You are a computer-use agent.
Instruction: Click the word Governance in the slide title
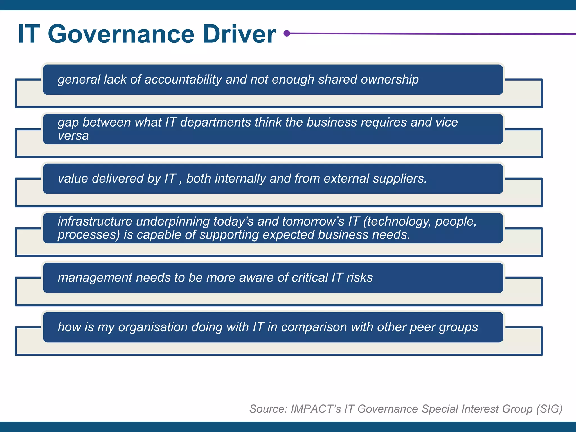tap(121, 34)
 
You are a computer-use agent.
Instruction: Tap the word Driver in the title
tap(239, 34)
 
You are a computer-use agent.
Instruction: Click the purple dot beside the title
tap(287, 33)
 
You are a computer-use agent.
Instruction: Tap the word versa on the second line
tap(73, 136)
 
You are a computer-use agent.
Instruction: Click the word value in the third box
tap(73, 179)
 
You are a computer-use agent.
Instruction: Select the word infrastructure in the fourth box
tap(95, 222)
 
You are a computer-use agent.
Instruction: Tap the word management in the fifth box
tap(95, 278)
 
